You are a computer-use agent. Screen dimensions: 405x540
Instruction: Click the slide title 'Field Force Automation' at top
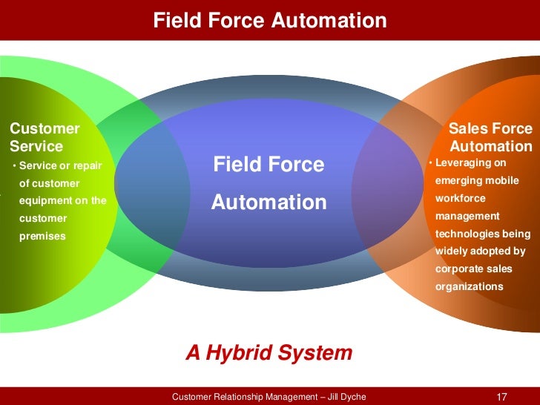pos(269,21)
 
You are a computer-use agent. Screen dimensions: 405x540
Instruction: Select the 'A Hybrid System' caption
pos(269,353)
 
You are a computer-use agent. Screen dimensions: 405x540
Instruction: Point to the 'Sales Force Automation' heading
pos(490,137)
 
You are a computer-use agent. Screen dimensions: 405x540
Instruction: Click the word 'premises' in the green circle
pos(42,237)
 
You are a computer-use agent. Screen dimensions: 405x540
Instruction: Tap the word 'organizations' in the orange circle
pos(469,286)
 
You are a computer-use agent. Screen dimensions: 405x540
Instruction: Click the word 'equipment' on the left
pos(45,201)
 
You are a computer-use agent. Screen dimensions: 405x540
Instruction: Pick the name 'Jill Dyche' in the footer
pos(343,397)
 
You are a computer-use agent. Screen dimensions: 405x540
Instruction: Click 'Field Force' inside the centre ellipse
pos(269,165)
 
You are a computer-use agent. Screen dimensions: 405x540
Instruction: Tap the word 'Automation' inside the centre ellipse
pos(269,202)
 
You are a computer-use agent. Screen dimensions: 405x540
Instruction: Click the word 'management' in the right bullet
pos(467,216)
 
